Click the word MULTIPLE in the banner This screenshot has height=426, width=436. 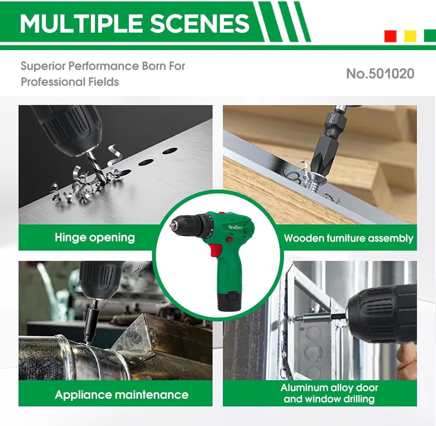[x=81, y=23]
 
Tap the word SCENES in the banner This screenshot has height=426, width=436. [x=199, y=23]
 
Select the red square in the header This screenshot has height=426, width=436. [x=390, y=36]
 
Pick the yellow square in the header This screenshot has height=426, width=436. [x=410, y=36]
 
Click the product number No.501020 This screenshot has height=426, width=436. [x=380, y=74]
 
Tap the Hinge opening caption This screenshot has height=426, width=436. [x=95, y=238]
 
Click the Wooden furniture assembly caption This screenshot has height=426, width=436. [x=349, y=238]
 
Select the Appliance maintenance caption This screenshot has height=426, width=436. [x=121, y=395]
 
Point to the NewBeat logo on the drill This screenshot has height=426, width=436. [x=235, y=227]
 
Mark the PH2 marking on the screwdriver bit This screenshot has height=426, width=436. [x=332, y=118]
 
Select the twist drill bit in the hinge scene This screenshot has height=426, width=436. [x=96, y=166]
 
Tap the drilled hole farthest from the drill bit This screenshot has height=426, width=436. [x=170, y=151]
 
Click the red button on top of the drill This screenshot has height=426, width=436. [x=222, y=213]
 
